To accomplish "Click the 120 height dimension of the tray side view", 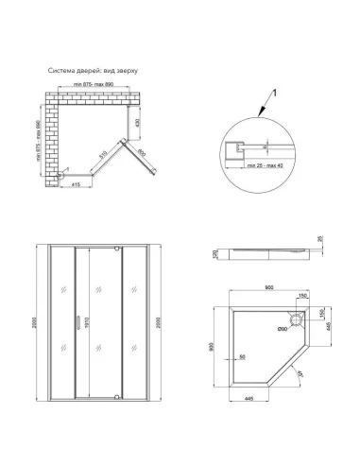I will pyautogui.click(x=215, y=255).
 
